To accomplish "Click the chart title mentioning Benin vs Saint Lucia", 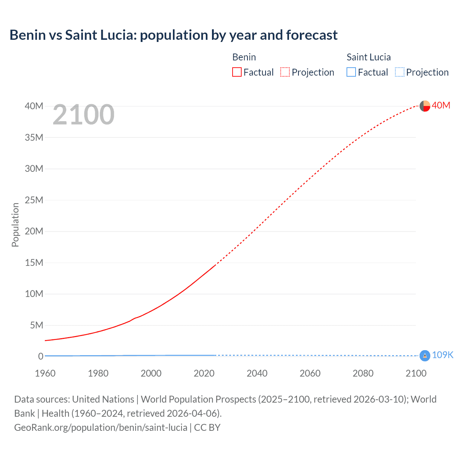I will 173,35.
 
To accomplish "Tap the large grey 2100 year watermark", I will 84,115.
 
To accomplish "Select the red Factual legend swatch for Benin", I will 237,72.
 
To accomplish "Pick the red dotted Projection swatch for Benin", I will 285,72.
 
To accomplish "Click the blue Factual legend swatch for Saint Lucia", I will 351,72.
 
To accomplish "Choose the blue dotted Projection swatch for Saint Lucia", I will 399,72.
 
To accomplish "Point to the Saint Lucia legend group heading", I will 368,57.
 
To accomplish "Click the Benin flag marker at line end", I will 425,106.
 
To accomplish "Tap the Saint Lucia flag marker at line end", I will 425,356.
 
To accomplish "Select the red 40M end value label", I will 441,105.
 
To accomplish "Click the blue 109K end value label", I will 442,355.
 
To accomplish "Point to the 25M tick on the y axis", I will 34,200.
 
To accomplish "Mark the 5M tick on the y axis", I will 37,325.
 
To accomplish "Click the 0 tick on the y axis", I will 41,356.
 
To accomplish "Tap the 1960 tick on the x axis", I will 45,373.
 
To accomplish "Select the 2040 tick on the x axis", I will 257,373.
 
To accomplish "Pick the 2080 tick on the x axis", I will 363,373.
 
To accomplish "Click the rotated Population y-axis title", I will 15,225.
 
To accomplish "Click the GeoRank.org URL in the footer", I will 101,428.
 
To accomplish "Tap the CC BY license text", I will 207,428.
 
